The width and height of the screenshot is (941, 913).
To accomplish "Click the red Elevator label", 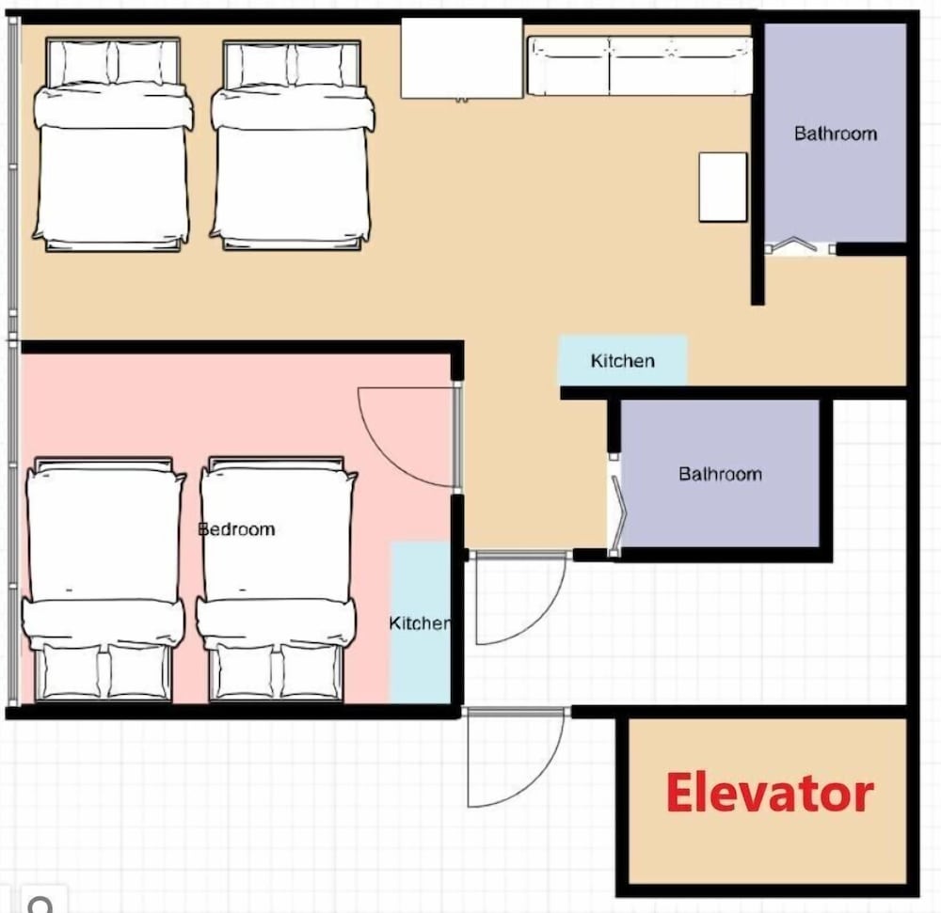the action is click(x=770, y=793).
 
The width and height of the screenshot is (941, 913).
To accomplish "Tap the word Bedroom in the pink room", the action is click(x=236, y=529).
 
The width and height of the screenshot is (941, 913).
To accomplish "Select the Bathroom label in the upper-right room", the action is click(x=836, y=134).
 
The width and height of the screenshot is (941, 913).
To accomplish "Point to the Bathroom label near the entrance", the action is click(x=720, y=474).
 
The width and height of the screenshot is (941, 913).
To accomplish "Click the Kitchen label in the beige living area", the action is click(x=622, y=361).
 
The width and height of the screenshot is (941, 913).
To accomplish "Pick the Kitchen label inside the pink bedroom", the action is click(x=420, y=623).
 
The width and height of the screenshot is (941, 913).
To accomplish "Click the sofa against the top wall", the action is click(x=640, y=66).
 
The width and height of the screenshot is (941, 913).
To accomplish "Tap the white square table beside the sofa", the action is click(x=461, y=58).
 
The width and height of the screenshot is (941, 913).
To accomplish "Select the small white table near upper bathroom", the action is click(x=723, y=187).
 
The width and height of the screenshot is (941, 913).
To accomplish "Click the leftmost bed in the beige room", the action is click(x=113, y=144).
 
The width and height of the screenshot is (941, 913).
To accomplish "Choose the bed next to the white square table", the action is click(x=292, y=145).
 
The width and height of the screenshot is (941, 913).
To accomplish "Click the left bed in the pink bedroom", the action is click(x=104, y=579).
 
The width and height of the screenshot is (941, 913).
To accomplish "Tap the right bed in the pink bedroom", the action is click(x=277, y=579).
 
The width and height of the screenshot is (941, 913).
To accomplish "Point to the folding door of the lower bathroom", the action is click(x=617, y=507).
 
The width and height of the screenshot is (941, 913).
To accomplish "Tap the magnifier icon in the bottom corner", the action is click(x=40, y=904).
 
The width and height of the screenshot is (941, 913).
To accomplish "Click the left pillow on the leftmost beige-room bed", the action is click(x=87, y=62).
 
